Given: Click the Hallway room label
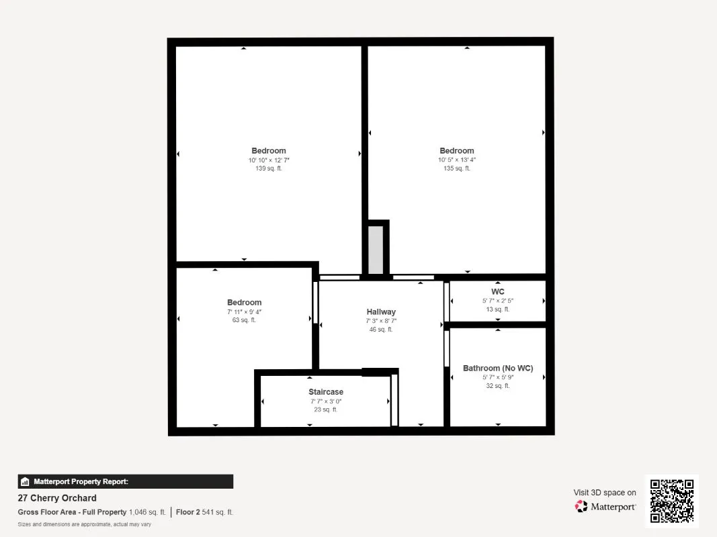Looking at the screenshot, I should coord(381,311).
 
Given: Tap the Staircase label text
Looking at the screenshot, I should coord(326,392).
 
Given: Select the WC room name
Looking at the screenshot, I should coord(497,292).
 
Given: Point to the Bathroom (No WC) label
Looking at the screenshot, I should coord(498,369).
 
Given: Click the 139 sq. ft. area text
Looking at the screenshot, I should coord(269,168).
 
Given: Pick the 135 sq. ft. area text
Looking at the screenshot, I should coord(457,168).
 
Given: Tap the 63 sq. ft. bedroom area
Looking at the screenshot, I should coord(244,320).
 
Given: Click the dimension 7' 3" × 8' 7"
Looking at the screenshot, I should coord(381,321).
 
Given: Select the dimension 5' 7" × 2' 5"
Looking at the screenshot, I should coord(497,301).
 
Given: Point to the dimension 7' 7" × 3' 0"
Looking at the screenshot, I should coord(326,401).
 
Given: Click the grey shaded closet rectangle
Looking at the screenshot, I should coord(376,250).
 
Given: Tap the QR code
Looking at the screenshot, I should coord(672,501).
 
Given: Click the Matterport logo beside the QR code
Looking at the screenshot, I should coord(605,507).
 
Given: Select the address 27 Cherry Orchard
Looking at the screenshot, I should coord(57,498).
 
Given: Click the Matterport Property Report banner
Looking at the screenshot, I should coord(126,481).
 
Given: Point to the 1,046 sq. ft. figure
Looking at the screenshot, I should coord(147,512).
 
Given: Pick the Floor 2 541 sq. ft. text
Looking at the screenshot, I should coord(205,512).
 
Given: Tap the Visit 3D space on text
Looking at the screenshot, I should coord(605,493).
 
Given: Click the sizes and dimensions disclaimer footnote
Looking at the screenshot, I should coord(85,524).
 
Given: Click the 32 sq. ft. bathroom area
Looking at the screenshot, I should coord(498,386).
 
